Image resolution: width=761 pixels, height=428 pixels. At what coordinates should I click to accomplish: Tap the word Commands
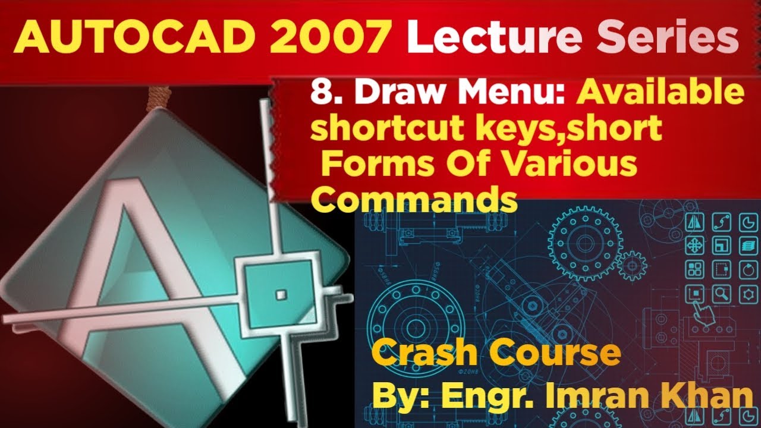(414, 199)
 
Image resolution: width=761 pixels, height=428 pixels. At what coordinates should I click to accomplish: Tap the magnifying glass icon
(722, 292)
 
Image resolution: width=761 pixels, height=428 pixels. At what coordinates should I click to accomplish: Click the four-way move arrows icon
(695, 245)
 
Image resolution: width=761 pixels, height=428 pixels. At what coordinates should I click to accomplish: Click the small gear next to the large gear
(631, 266)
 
